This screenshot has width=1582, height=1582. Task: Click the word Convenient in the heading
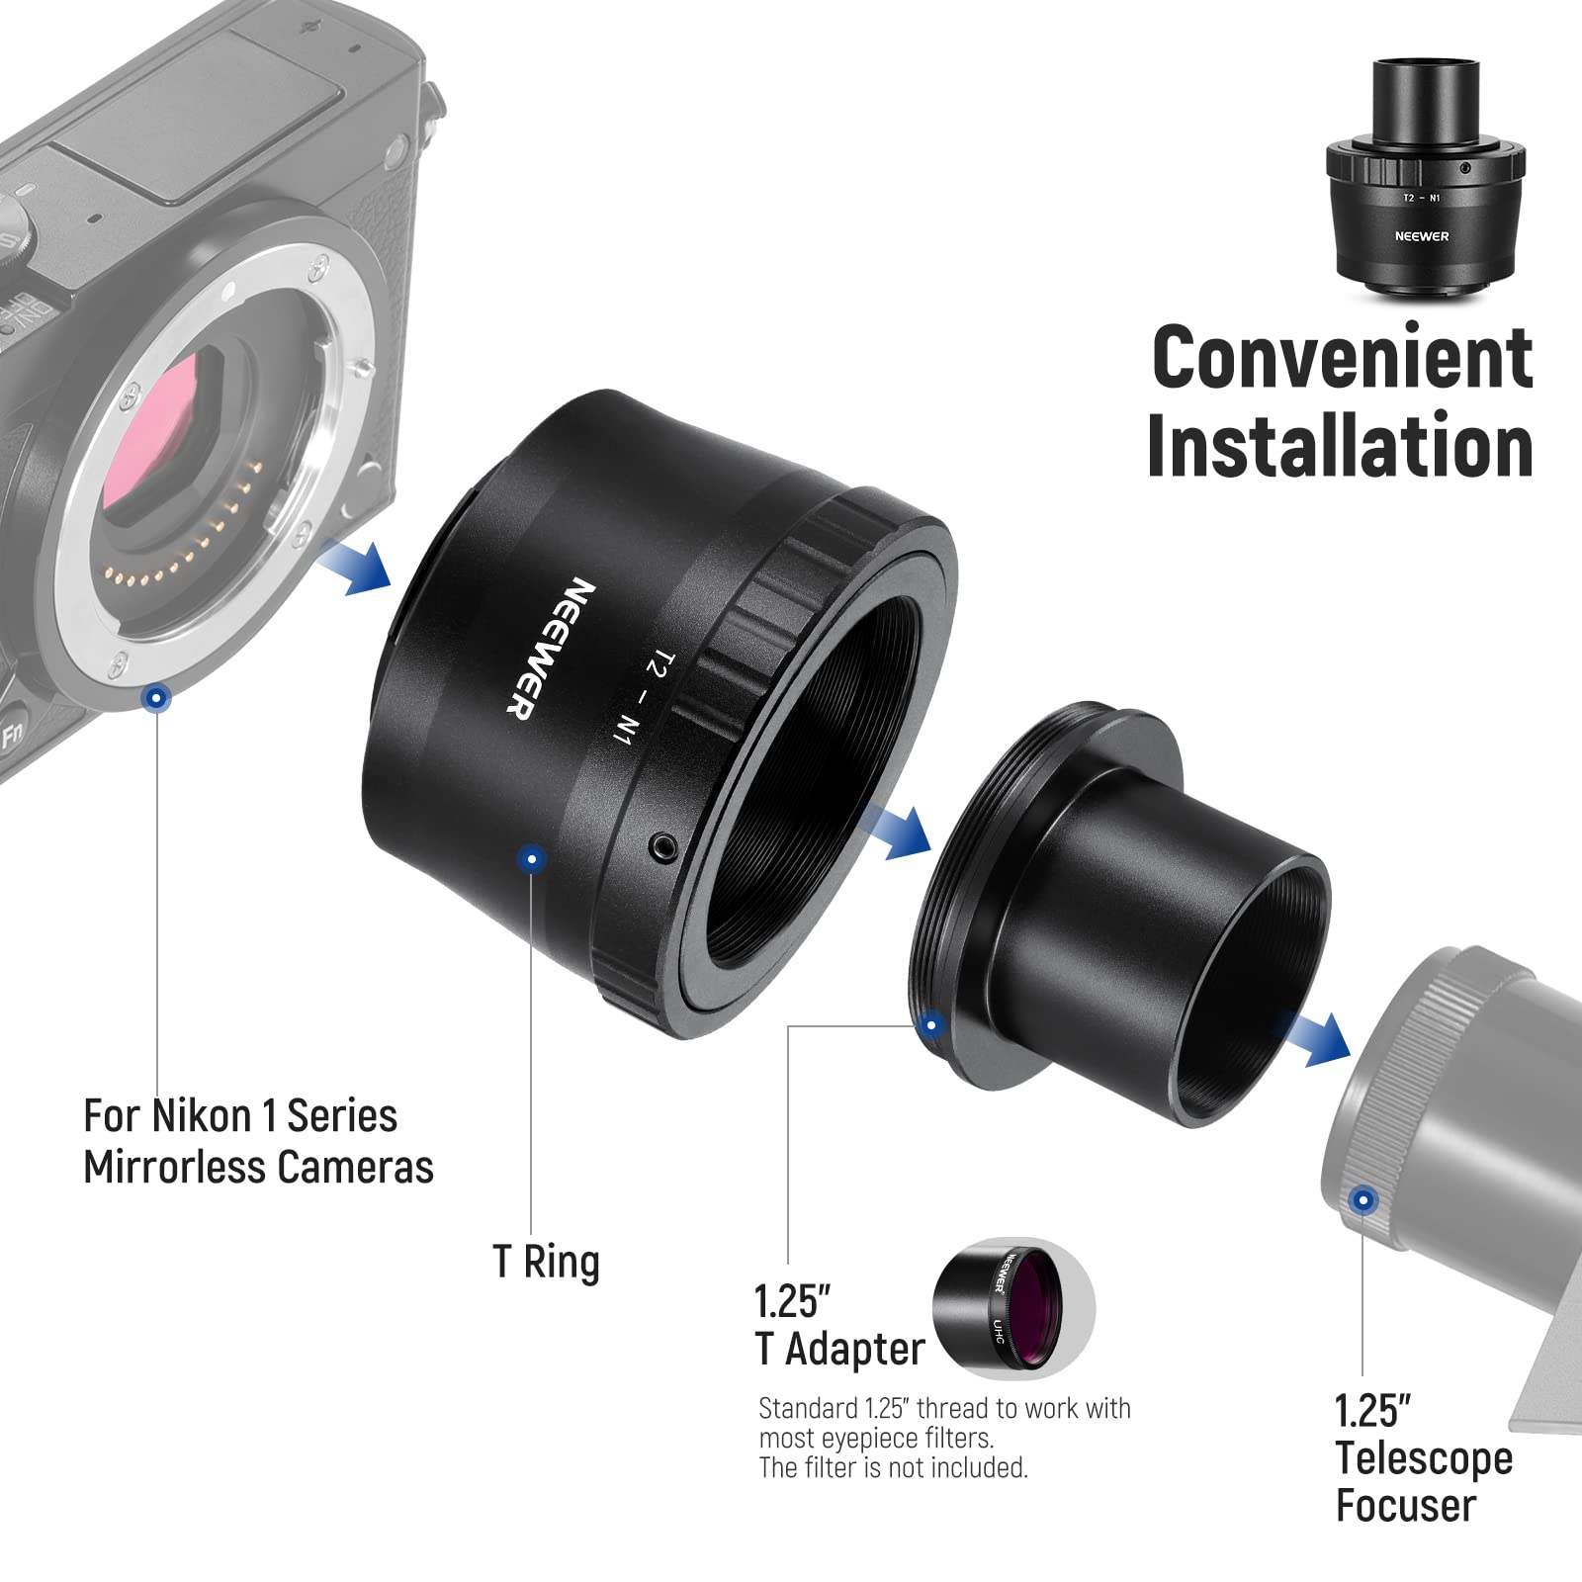(x=1342, y=357)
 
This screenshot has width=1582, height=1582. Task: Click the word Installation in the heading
(x=1340, y=447)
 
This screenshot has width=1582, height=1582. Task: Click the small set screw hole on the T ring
(x=662, y=845)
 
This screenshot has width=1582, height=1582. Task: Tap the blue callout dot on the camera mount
(x=156, y=698)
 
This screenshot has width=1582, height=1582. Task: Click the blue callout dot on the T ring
(x=532, y=858)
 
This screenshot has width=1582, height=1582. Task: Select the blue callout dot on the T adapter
(x=930, y=1024)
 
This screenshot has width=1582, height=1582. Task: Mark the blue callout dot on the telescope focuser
(x=1363, y=1200)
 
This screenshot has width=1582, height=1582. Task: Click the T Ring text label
(x=546, y=1263)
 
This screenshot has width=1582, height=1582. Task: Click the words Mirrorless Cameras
(x=258, y=1168)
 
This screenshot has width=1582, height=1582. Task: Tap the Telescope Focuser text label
(x=1423, y=1481)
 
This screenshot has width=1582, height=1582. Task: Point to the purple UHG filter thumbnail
(x=1012, y=1307)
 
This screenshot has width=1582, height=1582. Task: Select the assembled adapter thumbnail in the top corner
(x=1424, y=178)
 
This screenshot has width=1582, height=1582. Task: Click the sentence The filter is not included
(x=893, y=1468)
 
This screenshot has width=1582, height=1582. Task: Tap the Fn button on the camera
(x=13, y=735)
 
